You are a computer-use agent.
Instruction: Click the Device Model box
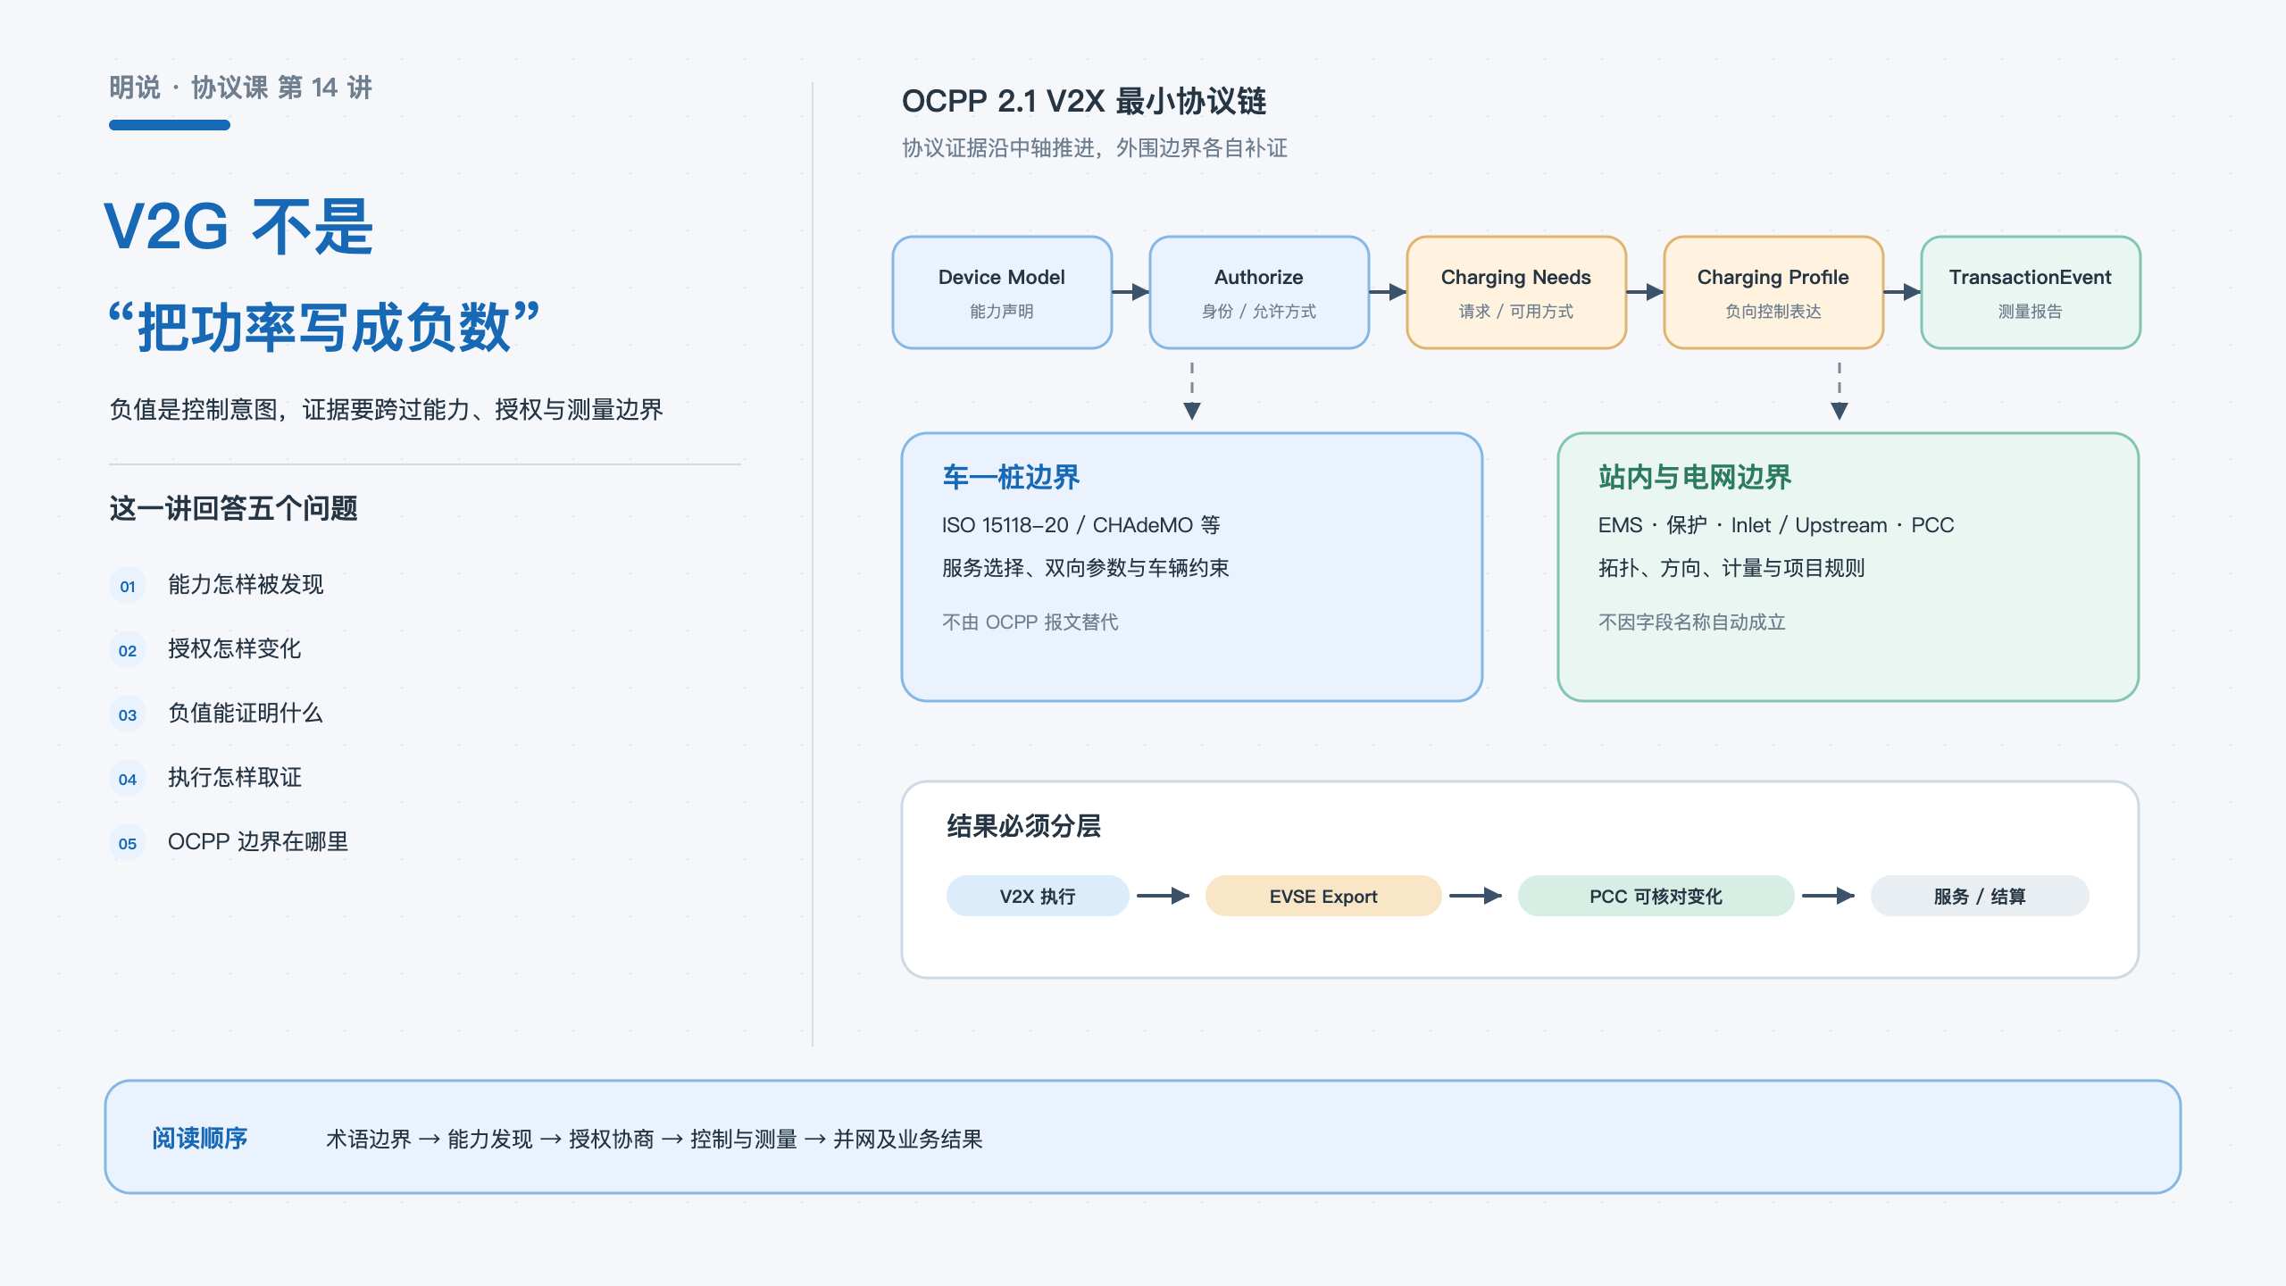click(1002, 292)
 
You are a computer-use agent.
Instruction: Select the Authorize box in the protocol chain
click(1259, 292)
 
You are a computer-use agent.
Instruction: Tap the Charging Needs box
click(1516, 292)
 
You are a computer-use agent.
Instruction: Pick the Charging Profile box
click(1773, 292)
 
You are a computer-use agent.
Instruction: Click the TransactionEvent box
click(2031, 292)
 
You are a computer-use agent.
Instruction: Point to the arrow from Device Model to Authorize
click(1130, 292)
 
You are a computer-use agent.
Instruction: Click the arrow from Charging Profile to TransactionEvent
click(1902, 292)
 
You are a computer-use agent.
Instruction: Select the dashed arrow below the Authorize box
click(1192, 391)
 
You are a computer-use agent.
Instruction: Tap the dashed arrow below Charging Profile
click(1840, 391)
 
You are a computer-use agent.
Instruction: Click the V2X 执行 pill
click(1038, 896)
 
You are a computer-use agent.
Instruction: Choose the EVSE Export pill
click(1323, 896)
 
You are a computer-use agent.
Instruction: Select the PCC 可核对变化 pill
click(1656, 896)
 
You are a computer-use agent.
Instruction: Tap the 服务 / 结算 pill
click(1980, 896)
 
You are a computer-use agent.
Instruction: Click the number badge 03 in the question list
click(128, 714)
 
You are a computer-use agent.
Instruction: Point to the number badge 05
click(128, 843)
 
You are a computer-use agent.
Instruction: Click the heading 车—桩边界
click(1011, 477)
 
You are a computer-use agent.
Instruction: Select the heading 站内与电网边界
click(1695, 477)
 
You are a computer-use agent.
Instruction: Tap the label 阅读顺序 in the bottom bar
click(199, 1138)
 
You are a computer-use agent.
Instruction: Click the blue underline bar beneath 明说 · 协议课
click(170, 125)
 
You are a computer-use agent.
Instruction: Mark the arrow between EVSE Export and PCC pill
click(1475, 896)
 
